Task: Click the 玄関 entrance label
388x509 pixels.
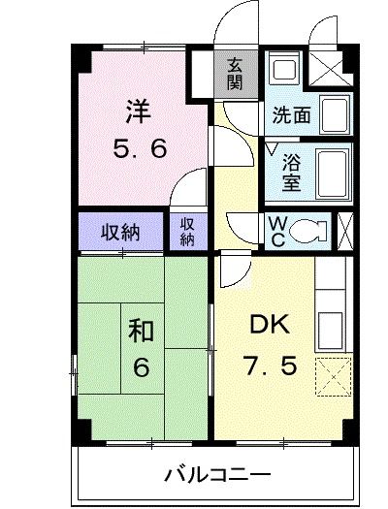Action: pyautogui.click(x=235, y=73)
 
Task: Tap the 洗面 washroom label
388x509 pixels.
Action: pyautogui.click(x=290, y=115)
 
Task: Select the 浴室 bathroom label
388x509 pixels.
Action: pyautogui.click(x=290, y=169)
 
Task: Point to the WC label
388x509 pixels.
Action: pyautogui.click(x=276, y=230)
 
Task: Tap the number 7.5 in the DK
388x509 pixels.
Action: pyautogui.click(x=265, y=367)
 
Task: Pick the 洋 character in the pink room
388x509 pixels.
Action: pyautogui.click(x=138, y=110)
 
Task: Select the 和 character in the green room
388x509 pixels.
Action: pyautogui.click(x=141, y=332)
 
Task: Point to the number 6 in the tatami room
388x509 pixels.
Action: pyautogui.click(x=141, y=368)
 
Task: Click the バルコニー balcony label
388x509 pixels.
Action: pyautogui.click(x=216, y=475)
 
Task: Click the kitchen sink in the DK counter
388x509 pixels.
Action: pyautogui.click(x=332, y=329)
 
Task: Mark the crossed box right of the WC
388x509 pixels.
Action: pyautogui.click(x=344, y=230)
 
